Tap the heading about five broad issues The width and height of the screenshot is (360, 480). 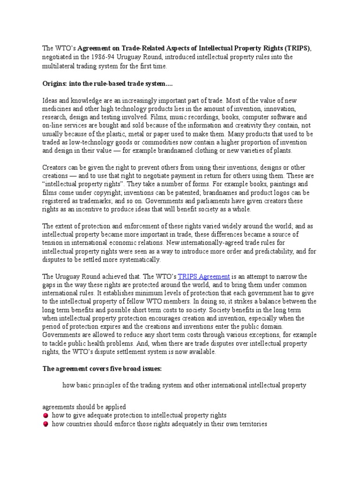[102, 369]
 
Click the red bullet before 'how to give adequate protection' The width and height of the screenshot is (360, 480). [45, 415]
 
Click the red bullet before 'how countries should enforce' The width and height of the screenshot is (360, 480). [45, 424]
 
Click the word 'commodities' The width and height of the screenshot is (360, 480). [153, 142]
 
